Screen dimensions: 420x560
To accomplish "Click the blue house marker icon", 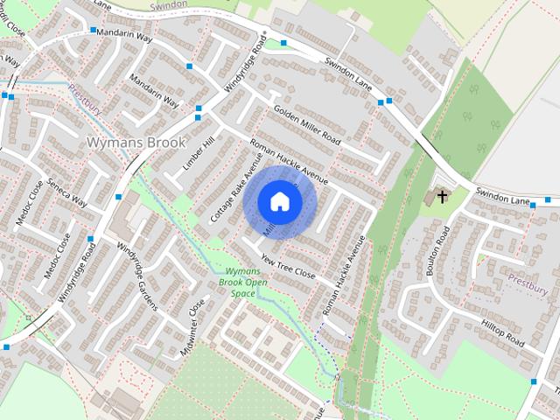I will (279, 201).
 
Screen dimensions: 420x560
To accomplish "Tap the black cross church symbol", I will (442, 196).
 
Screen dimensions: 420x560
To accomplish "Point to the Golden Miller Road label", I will (305, 126).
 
